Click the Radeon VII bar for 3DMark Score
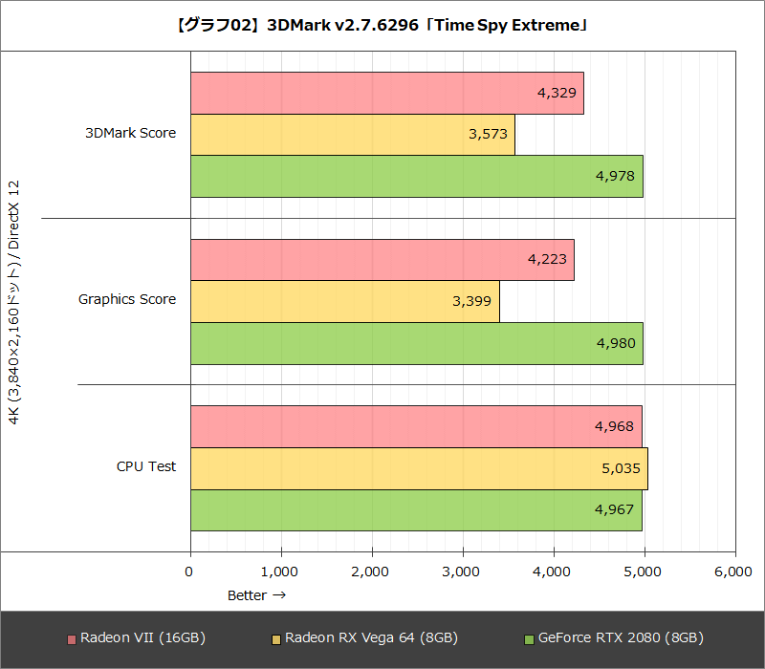point(386,93)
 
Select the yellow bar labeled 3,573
point(352,134)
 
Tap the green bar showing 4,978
point(416,176)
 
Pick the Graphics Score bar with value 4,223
point(382,259)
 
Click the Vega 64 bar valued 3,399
point(344,301)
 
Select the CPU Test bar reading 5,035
point(419,468)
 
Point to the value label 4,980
point(614,343)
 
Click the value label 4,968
point(614,426)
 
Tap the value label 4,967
point(614,509)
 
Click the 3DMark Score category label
point(130,133)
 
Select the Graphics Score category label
point(127,299)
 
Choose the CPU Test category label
point(146,466)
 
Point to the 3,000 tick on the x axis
point(462,572)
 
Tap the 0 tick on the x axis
point(189,572)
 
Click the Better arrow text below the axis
point(256,595)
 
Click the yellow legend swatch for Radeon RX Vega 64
point(276,638)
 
